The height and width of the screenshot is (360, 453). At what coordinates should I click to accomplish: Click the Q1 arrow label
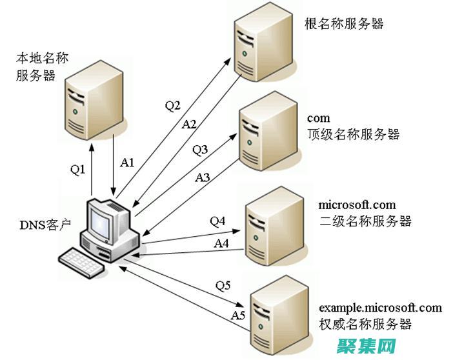coord(78,169)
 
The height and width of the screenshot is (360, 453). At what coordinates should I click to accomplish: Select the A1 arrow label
coord(127,163)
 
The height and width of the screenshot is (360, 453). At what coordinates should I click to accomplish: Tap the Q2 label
coord(172,106)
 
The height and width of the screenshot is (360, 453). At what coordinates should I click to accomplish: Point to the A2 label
coord(189,123)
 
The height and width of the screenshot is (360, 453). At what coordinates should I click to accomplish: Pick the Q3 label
coord(200,150)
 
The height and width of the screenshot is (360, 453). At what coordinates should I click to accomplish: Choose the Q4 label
coord(217,221)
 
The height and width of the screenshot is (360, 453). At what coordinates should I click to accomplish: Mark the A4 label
coord(221,243)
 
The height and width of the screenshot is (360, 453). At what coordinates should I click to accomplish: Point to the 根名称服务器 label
coord(344,25)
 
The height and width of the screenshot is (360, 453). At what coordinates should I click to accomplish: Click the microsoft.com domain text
coord(357,205)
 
